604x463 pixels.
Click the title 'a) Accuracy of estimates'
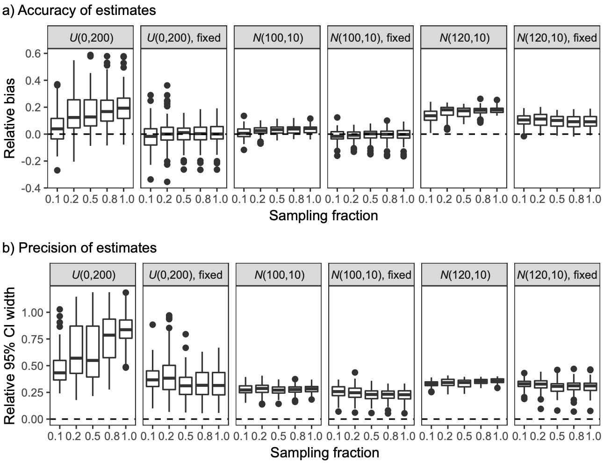pos(79,10)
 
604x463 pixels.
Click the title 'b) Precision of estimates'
pos(79,247)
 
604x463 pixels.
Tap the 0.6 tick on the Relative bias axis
pos(34,53)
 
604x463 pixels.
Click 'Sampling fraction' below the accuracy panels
pos(324,216)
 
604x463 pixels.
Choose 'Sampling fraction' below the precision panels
pos(324,453)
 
